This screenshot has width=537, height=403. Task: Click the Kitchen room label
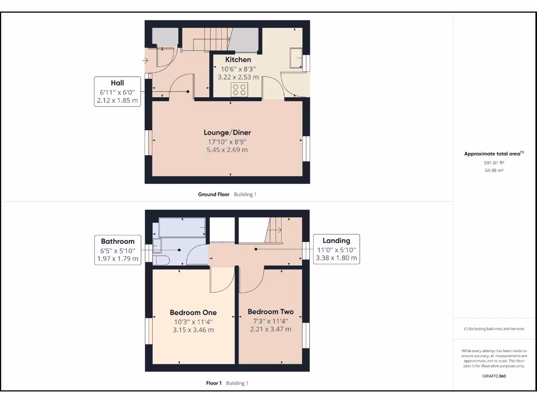tap(238, 60)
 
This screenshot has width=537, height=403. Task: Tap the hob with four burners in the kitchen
tap(239, 90)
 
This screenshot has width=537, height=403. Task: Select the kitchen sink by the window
tap(296, 58)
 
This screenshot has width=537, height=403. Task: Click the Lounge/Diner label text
tap(227, 133)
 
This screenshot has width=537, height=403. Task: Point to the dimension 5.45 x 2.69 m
tap(227, 150)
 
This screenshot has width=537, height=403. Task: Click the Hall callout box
tap(117, 91)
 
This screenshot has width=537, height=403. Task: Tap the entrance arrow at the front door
tap(145, 61)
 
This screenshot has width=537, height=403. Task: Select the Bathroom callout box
tap(117, 250)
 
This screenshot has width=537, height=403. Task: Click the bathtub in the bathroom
tap(182, 227)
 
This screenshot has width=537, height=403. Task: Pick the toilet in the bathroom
tap(160, 260)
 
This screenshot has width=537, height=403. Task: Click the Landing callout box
tap(336, 249)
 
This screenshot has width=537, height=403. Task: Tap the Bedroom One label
tap(193, 313)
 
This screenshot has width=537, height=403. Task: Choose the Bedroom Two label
tap(271, 312)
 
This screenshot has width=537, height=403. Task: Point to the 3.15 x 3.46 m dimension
tap(193, 330)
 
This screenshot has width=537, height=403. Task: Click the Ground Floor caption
tap(214, 194)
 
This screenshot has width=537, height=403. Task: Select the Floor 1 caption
tap(214, 383)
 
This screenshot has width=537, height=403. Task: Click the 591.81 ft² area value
tap(494, 163)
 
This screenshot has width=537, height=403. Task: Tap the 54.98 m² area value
tap(494, 171)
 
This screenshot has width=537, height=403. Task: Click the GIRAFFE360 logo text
tap(494, 376)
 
